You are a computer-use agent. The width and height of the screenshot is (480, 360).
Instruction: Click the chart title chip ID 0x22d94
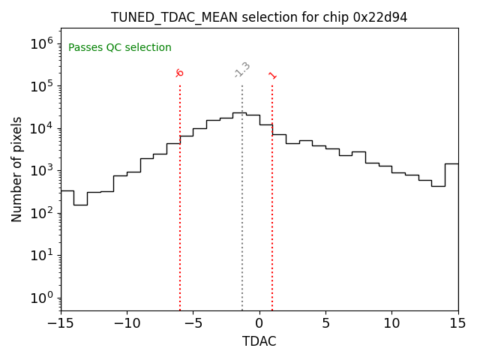[380, 17]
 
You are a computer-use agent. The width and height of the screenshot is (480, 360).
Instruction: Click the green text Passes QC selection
[120, 48]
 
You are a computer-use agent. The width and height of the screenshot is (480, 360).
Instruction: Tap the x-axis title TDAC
[259, 341]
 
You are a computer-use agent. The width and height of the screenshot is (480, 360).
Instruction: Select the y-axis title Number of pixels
[17, 169]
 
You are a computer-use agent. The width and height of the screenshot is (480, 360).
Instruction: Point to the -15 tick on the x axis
[61, 323]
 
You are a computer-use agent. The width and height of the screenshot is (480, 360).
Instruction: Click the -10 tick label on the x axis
[127, 323]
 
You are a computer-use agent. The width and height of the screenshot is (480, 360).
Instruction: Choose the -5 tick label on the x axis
[193, 323]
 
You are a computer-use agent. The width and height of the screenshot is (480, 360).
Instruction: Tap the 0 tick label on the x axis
[259, 323]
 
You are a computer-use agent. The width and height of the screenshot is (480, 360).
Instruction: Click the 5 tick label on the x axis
[325, 323]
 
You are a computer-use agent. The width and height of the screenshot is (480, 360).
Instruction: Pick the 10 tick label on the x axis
[391, 323]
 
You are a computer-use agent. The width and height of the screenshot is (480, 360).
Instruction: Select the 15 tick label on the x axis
[457, 323]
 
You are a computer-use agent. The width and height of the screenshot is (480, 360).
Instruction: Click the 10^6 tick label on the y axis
[41, 43]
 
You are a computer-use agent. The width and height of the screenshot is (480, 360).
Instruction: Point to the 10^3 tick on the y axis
[41, 170]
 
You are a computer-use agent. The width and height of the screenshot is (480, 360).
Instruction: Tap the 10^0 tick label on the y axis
[41, 298]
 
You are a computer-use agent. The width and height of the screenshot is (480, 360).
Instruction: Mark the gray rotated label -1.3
[242, 70]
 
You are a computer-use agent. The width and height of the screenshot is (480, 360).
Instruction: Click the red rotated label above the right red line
[272, 75]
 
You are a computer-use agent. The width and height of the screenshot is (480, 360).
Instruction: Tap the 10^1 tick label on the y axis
[41, 255]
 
